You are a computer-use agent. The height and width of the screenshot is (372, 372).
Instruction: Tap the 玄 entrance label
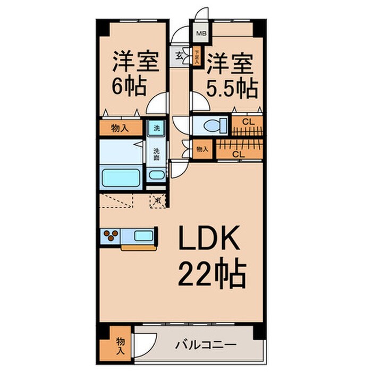(x=179, y=55)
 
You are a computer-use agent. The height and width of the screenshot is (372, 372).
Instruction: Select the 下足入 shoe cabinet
(x=197, y=56)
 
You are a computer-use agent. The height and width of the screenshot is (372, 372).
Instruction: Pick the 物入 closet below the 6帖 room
(x=120, y=128)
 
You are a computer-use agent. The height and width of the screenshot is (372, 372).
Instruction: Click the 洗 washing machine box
(x=156, y=128)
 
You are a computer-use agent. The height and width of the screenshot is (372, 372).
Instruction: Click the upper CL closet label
(x=247, y=122)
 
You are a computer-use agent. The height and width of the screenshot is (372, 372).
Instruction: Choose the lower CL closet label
(x=239, y=154)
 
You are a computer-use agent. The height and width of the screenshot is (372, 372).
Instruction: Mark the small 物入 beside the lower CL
(x=202, y=149)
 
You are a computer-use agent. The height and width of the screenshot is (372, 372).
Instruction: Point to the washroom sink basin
(x=156, y=176)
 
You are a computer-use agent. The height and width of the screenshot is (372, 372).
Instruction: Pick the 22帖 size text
(x=211, y=274)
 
